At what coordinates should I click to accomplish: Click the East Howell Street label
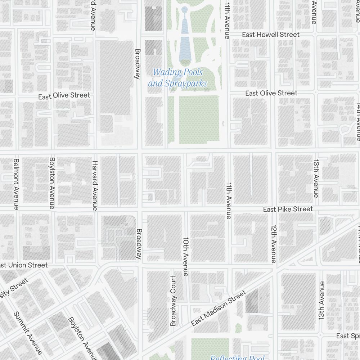270,35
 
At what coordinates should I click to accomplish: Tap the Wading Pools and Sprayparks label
178,78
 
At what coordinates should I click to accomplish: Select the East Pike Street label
288,209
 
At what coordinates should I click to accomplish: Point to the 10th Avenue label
186,256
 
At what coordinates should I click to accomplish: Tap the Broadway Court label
174,301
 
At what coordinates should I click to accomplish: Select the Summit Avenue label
28,333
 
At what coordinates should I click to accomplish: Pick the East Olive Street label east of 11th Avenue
271,93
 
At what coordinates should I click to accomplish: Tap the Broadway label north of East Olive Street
137,63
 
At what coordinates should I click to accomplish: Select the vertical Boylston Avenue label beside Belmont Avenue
52,183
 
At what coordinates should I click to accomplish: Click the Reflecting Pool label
237,357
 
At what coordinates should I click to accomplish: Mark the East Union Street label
24,265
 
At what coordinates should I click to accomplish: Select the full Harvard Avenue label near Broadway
95,185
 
